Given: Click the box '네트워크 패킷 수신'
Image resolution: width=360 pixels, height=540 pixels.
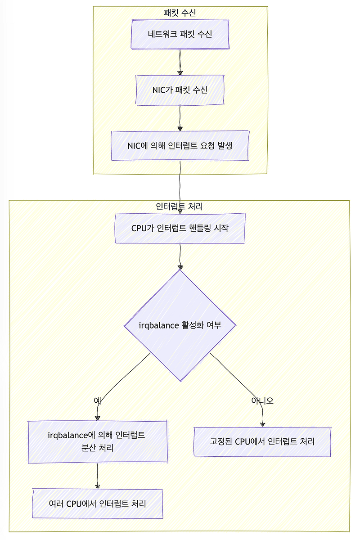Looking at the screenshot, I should [180, 34].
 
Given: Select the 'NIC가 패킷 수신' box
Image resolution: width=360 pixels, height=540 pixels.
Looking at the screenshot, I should [180, 90].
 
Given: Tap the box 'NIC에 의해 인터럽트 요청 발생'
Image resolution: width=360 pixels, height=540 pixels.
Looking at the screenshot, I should [180, 145].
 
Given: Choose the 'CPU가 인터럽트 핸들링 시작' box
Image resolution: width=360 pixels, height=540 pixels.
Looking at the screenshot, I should [180, 228].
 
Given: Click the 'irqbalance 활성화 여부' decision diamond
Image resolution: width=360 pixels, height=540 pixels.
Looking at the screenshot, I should [180, 325].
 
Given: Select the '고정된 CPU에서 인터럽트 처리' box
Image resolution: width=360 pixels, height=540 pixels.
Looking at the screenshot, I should [262, 441].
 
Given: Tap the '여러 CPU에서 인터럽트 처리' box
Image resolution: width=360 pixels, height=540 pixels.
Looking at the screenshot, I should [97, 503].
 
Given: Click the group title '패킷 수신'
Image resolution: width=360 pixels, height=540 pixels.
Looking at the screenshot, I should [180, 13].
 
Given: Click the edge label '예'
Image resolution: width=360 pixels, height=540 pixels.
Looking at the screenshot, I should [97, 400].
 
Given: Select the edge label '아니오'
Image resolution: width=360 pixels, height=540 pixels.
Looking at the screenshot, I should [262, 400].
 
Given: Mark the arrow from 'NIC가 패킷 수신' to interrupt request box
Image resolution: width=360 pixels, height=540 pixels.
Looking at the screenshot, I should [180, 117].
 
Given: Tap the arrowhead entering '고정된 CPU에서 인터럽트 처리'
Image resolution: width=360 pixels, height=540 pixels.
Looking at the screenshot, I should [262, 423].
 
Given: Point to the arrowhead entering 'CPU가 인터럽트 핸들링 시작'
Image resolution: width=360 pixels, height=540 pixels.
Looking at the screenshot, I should [180, 211].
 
